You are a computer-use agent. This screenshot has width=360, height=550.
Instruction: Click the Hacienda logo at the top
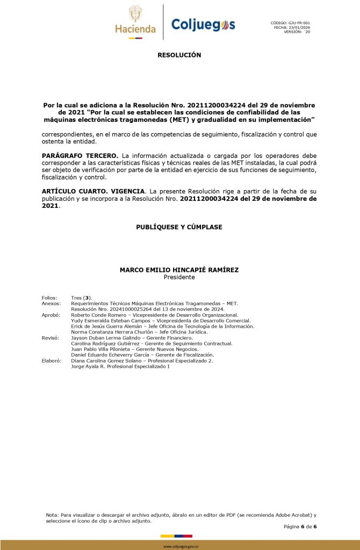tap(135, 21)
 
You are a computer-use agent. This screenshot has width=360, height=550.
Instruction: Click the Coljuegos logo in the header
tap(203, 24)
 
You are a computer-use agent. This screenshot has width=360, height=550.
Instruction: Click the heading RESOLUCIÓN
tap(179, 55)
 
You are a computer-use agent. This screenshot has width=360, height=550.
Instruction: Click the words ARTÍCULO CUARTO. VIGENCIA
tap(93, 191)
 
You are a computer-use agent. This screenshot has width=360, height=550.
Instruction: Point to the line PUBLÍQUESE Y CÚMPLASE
tap(179, 227)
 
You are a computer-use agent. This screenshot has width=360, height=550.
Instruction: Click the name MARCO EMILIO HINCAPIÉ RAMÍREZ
tap(179, 270)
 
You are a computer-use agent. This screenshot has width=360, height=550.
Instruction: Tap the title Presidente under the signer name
tap(179, 277)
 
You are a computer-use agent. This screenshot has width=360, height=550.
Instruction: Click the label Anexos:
tap(51, 303)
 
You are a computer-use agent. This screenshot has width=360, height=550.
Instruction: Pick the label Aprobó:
tap(51, 315)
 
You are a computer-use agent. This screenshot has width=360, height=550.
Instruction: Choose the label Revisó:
tap(50, 338)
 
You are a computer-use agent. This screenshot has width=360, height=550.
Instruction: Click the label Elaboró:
tap(52, 361)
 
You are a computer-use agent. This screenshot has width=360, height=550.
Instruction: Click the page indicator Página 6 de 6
tap(300, 526)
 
